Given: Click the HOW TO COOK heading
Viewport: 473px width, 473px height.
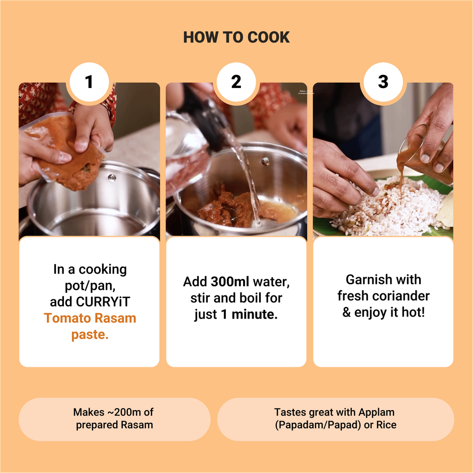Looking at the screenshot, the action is tap(236, 37).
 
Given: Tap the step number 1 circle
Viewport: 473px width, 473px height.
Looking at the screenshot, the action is tap(89, 82).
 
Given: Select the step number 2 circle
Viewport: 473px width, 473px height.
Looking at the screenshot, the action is tap(236, 82).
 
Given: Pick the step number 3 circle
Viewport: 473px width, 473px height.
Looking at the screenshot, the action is tap(383, 82).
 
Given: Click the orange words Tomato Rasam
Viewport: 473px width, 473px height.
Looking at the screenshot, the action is tap(90, 318).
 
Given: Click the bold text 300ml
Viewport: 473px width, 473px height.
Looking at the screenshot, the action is tap(230, 282).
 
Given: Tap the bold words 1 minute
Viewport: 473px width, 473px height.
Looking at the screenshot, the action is tap(249, 314).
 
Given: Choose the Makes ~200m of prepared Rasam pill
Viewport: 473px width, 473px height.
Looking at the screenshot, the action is tap(115, 419).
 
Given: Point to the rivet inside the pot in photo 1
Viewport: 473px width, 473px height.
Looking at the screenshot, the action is tap(112, 178).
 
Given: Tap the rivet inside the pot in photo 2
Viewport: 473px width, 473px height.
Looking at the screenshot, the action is tap(266, 162).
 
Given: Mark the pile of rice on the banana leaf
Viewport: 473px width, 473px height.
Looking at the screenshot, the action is tap(389, 208).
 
